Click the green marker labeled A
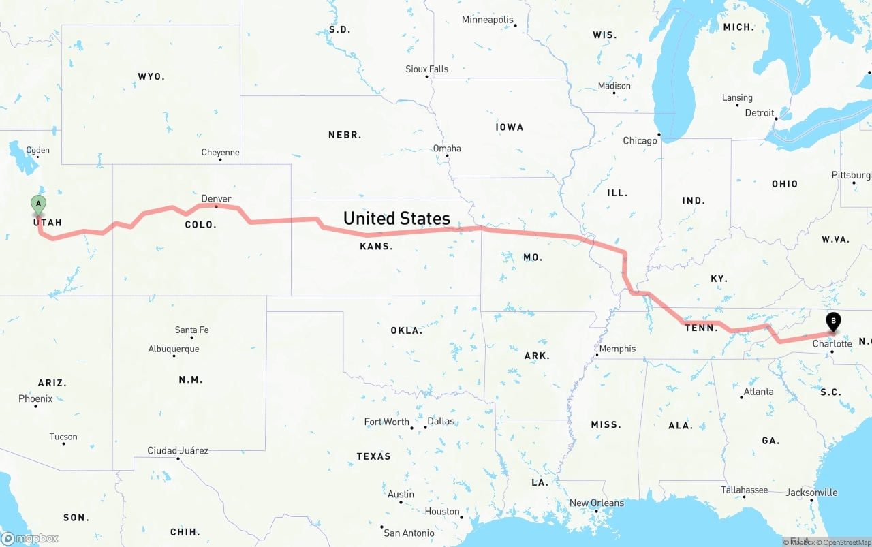click(39, 204)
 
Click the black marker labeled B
click(833, 321)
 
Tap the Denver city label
click(216, 199)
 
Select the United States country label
click(396, 218)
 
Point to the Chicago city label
click(640, 141)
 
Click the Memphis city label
click(617, 349)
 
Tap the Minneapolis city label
click(488, 20)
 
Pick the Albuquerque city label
click(174, 349)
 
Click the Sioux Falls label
click(427, 69)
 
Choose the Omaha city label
click(447, 148)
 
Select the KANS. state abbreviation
click(376, 246)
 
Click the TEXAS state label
click(373, 456)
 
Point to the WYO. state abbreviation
click(151, 76)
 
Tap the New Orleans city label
click(597, 503)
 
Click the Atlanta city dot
click(742, 397)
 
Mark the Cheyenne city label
click(220, 153)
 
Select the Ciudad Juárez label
click(178, 450)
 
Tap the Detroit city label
click(760, 113)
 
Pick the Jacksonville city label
click(812, 492)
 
